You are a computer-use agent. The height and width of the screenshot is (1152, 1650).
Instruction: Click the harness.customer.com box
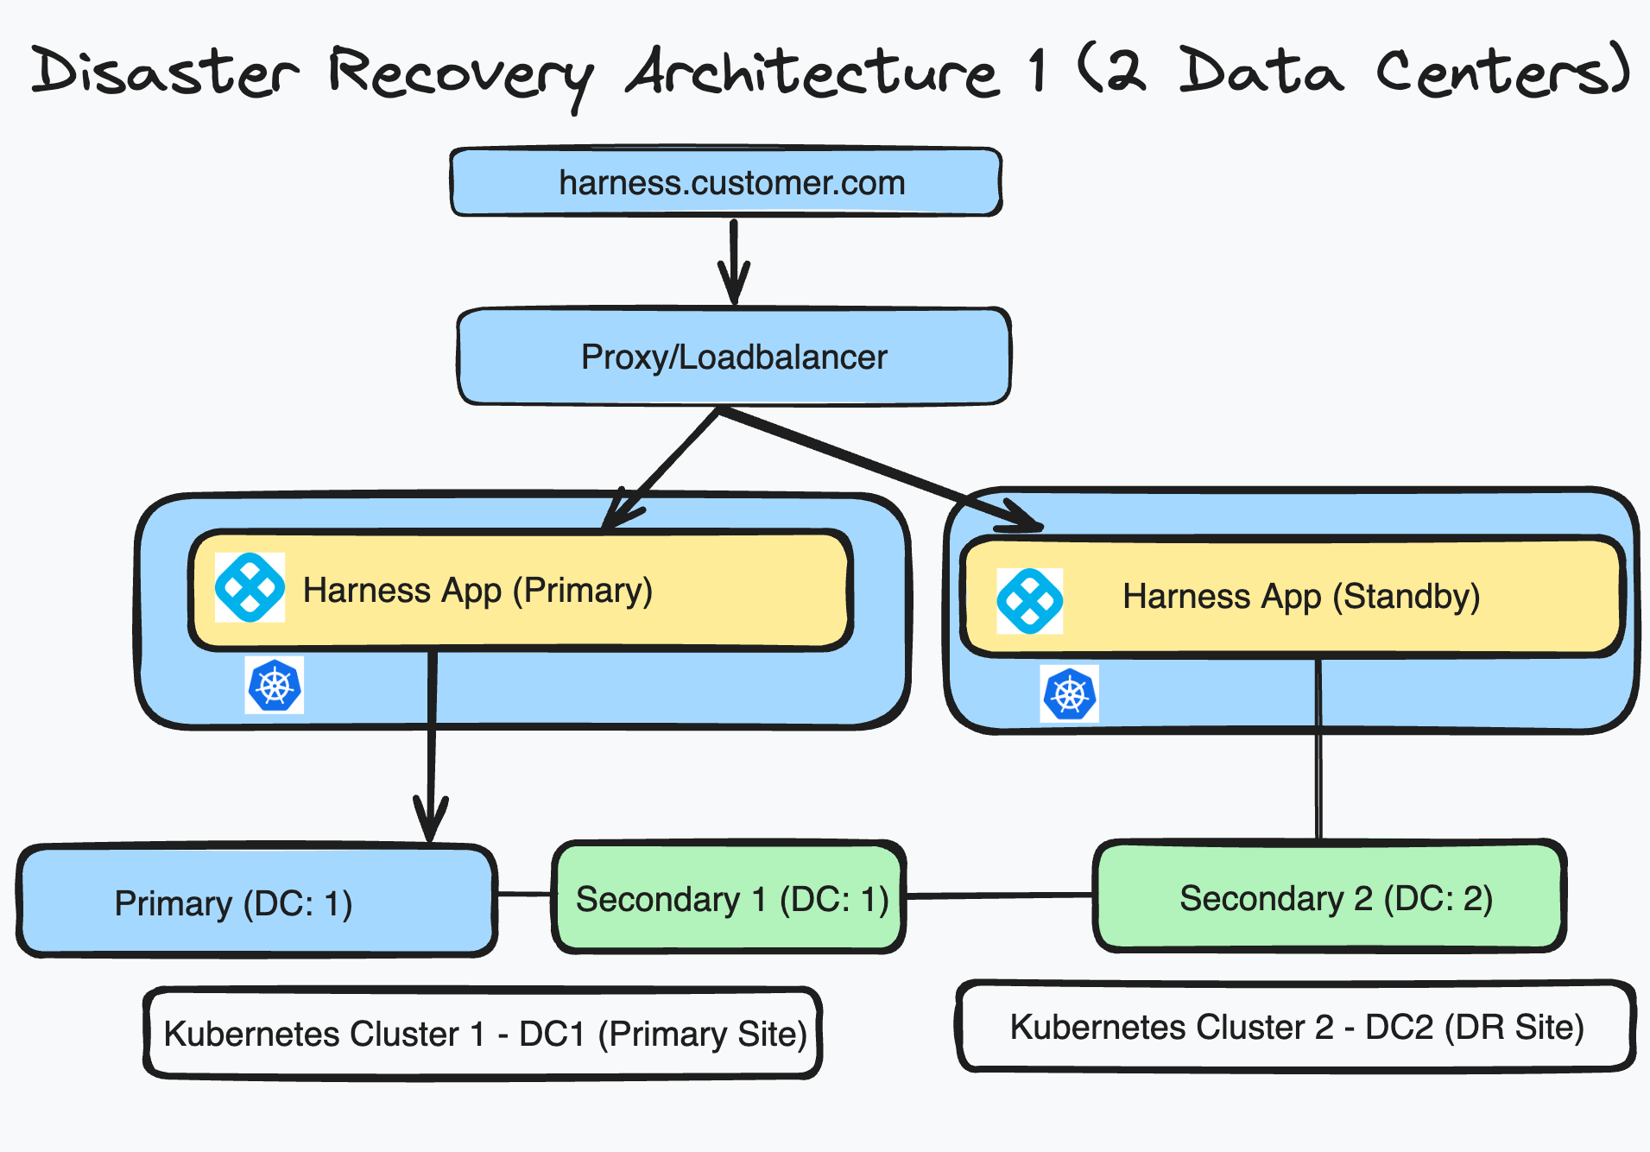pos(725,182)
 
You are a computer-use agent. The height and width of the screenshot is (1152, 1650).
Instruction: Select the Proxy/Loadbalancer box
pos(734,357)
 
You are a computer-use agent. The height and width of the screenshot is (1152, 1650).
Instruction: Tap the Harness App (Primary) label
pos(477,591)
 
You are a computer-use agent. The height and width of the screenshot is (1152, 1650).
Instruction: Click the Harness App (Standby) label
pos(1301,597)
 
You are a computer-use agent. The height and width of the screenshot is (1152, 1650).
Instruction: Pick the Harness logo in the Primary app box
pos(250,588)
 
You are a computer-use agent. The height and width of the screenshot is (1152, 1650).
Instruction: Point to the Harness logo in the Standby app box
pos(1030,601)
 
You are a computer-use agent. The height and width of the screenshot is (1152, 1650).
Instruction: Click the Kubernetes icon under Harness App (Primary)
pos(275,686)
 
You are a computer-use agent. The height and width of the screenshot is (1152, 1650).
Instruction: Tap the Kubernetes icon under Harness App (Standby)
pos(1070,693)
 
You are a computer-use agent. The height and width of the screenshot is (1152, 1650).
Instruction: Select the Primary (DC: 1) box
pos(256,902)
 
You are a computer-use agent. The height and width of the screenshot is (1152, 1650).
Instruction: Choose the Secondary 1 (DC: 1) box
pos(730,898)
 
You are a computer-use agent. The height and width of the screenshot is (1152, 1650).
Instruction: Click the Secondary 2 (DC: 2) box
pos(1331,897)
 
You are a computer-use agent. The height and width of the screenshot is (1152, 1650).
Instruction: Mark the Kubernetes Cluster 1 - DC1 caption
pos(484,1034)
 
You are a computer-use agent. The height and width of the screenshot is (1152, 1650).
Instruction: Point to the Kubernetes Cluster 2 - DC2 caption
pos(1296,1027)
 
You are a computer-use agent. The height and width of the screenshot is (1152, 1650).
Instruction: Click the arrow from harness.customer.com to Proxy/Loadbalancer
pos(733,259)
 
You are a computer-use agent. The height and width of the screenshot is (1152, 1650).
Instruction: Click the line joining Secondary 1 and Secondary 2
pos(1000,896)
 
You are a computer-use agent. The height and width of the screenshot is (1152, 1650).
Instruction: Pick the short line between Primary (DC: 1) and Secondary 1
pos(524,894)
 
